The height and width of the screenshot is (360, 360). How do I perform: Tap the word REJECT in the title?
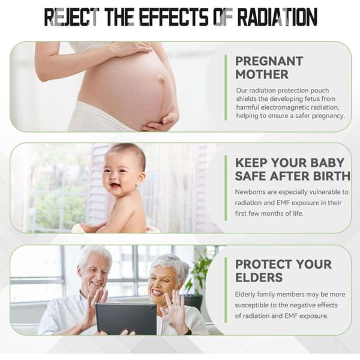71,17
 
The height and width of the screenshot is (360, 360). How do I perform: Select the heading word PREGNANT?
269,61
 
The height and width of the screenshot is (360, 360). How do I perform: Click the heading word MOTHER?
262,74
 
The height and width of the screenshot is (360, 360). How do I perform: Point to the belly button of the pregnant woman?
163,79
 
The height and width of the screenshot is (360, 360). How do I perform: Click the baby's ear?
140,178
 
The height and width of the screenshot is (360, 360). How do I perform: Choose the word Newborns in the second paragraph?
250,192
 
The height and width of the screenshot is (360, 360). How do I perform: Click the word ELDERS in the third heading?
259,277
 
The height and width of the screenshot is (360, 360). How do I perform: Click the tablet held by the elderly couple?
126,319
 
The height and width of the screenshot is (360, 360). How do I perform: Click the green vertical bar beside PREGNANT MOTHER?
226,88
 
